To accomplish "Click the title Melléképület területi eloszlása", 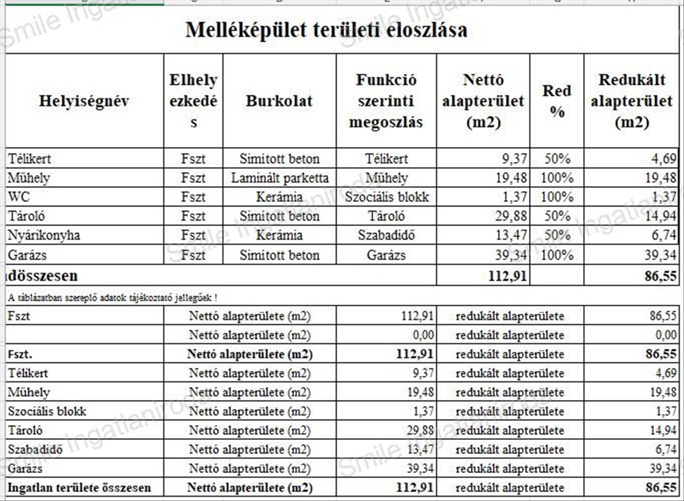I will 326,30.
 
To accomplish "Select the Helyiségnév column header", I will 84,101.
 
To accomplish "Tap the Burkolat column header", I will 279,101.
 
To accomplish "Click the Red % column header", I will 556,101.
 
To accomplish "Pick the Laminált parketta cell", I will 279,178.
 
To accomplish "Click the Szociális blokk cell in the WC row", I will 386,197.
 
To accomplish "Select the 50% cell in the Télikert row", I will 557,159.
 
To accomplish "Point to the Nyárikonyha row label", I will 44,235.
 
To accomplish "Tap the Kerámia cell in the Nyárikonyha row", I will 279,235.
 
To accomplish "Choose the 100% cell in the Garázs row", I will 557,254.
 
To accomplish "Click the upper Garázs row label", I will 28,254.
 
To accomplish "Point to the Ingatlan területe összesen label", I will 79,488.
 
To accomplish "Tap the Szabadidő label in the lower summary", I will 35,450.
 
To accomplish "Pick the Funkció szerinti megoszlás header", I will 386,101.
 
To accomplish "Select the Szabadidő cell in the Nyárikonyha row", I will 386,235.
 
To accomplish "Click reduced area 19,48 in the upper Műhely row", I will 661,178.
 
